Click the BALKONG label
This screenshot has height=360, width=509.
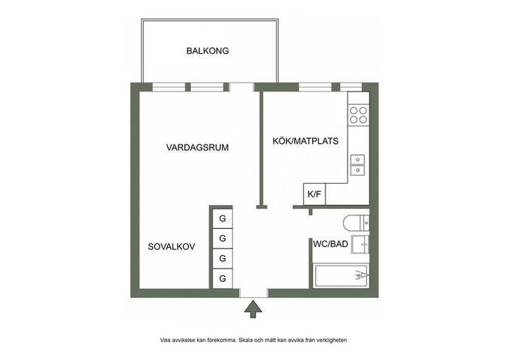click(207, 51)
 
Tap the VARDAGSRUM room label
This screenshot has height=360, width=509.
click(198, 148)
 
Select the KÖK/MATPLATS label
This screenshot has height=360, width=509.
click(305, 141)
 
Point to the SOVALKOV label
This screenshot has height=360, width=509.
click(171, 246)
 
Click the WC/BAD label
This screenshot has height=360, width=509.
click(330, 244)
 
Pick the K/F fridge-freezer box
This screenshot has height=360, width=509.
click(314, 194)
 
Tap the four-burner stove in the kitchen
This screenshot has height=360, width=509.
click(359, 115)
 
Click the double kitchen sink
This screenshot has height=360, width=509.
click(357, 165)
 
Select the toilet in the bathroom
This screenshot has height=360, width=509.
click(356, 223)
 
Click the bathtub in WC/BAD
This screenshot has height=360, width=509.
click(341, 276)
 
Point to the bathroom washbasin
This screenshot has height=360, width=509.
click(360, 244)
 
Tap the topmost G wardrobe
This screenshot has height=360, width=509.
click(222, 218)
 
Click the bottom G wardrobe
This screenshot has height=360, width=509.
click(222, 279)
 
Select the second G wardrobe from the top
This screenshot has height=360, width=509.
click(222, 238)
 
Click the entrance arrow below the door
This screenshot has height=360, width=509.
click(253, 309)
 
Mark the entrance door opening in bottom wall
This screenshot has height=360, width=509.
click(254, 293)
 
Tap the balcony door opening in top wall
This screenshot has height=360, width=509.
click(241, 87)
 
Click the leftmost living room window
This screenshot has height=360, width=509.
click(169, 87)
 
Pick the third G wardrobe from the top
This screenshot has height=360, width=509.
click(222, 259)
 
